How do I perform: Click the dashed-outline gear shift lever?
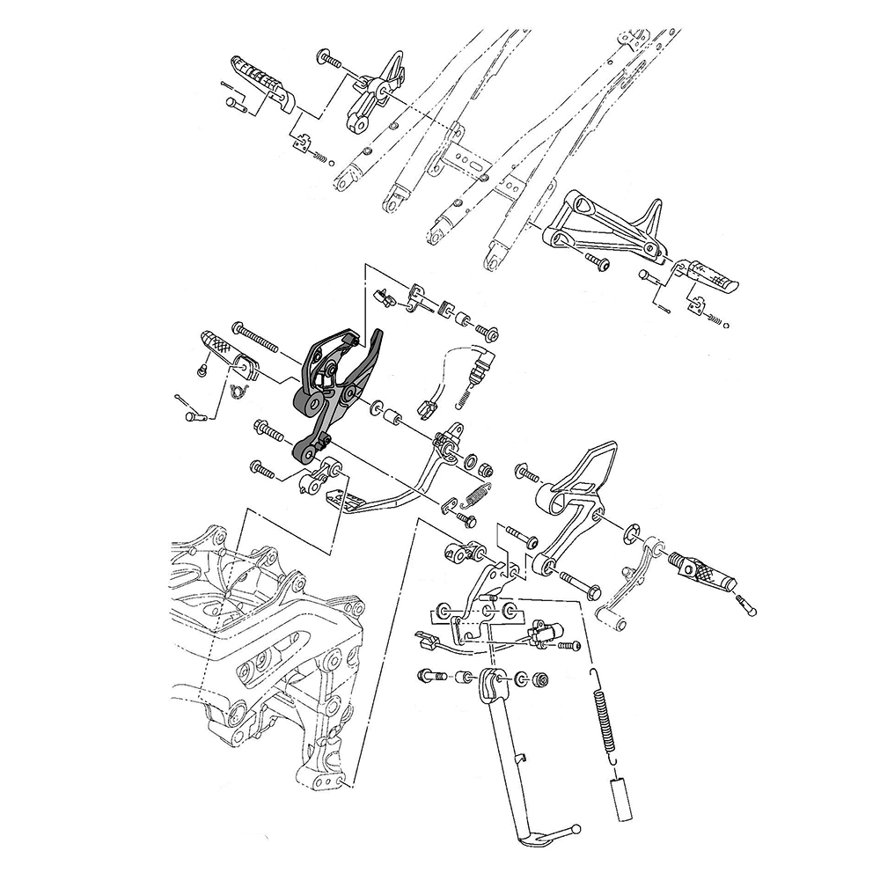647,572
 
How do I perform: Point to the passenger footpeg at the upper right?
709,277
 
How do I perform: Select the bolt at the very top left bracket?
329,58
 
